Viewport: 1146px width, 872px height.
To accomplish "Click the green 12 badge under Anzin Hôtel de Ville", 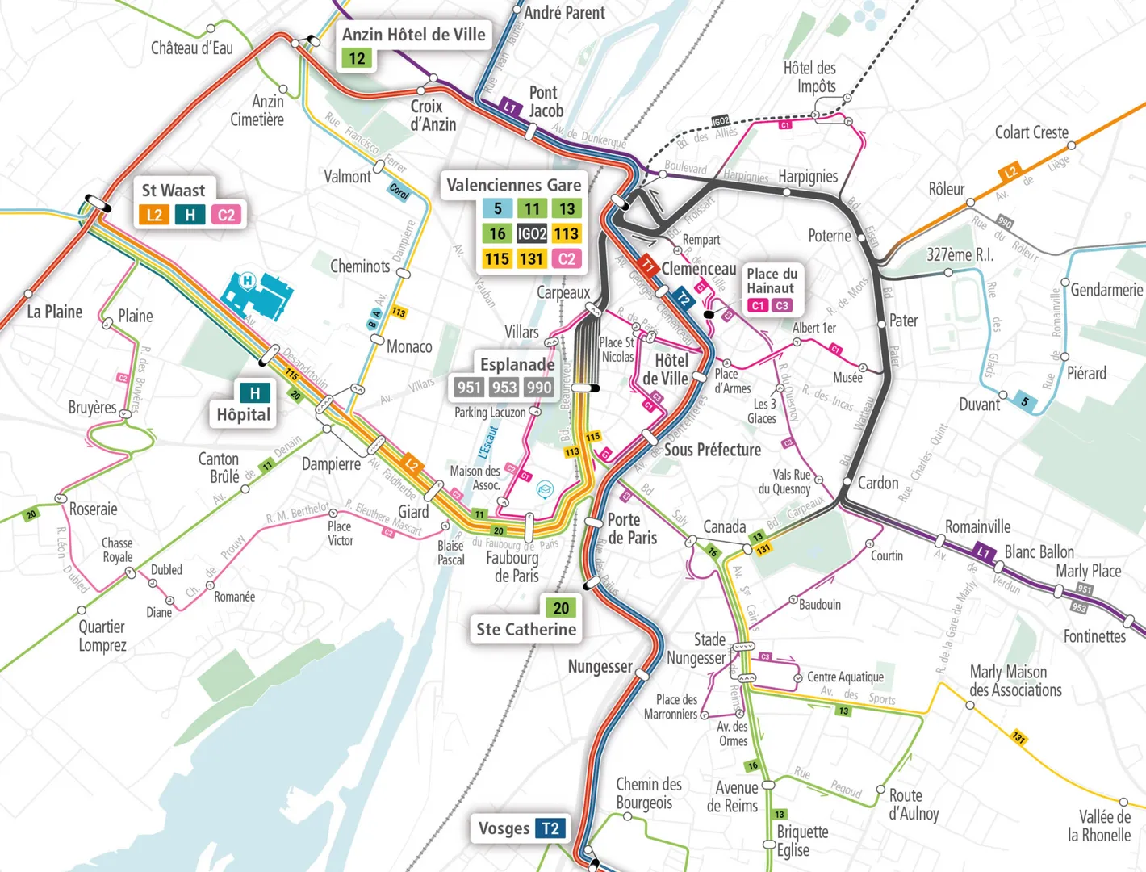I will click(357, 59).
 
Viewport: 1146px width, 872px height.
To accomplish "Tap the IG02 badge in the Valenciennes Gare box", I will click(532, 234).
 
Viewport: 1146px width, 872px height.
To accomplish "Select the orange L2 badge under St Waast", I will click(154, 215).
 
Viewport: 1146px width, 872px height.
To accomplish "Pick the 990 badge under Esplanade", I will click(539, 388).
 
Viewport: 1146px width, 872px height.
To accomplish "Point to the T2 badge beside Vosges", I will click(550, 828).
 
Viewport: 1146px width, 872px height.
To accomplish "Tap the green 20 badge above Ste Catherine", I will click(561, 607).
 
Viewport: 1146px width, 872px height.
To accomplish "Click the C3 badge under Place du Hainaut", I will click(781, 306).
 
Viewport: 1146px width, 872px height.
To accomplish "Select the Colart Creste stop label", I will click(1031, 132).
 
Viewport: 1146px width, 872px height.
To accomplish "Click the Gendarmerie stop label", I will click(1106, 290).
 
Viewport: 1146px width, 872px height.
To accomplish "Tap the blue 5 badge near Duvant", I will click(1024, 402).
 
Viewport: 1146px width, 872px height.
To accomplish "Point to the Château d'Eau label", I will click(192, 48).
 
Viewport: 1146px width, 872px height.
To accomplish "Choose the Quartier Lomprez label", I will click(102, 635).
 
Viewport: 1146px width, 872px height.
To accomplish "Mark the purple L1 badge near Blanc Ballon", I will click(983, 553).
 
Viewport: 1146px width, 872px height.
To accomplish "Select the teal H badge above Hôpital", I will click(255, 393).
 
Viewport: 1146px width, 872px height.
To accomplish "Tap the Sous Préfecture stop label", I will click(712, 450).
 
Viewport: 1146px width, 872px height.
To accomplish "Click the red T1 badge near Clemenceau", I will click(647, 264).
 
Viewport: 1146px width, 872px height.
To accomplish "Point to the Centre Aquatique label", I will click(845, 677).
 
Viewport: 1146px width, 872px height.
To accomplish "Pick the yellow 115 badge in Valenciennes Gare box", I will click(496, 259).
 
